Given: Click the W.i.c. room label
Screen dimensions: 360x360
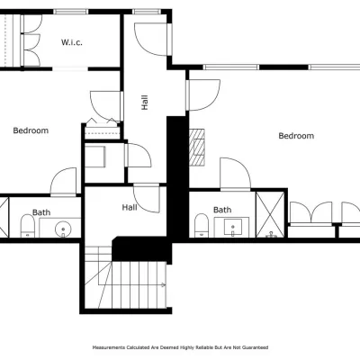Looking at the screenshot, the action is (72, 42).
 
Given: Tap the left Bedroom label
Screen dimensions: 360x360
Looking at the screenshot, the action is (31, 130).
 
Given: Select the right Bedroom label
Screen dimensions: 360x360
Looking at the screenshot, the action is (296, 136).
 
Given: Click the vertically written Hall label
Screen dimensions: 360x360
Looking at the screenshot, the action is (145, 103).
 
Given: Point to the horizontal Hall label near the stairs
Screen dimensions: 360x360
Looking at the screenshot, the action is (130, 207).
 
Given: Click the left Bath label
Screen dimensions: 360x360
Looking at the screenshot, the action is (41, 212).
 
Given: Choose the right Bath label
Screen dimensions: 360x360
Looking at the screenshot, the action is (222, 210).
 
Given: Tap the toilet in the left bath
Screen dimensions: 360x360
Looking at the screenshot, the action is (28, 226).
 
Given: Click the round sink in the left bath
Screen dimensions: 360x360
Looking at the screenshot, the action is (63, 229).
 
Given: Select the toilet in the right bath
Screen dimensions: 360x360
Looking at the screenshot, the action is (202, 225).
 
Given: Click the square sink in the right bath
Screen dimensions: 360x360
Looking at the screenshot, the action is (233, 227).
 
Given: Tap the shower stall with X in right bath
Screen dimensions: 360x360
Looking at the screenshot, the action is (270, 215).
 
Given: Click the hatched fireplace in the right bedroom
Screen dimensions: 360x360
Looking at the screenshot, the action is (197, 147).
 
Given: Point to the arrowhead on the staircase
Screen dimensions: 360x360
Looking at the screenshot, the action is (164, 284).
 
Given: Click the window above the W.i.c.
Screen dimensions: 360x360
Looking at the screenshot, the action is (71, 12).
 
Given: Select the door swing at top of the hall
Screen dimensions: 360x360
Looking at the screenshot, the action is (151, 39).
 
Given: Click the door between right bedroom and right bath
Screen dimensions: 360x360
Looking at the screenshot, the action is (236, 174).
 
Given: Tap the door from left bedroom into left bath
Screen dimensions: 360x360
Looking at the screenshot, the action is (63, 182).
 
